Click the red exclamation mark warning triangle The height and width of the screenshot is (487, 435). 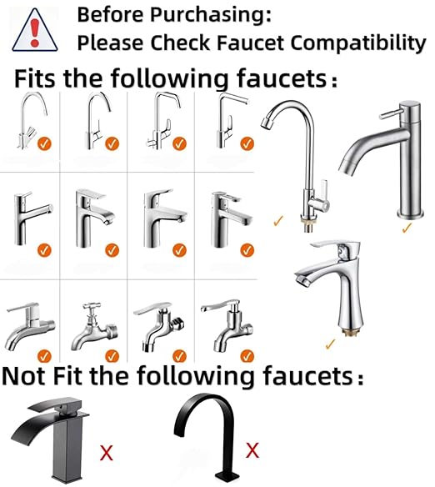click(35, 30)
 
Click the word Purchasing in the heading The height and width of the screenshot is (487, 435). click(210, 15)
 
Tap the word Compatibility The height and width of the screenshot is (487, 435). click(358, 43)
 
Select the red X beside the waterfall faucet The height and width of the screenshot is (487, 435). click(107, 453)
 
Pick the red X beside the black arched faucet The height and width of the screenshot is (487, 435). click(252, 450)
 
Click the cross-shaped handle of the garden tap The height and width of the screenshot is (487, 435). click(92, 307)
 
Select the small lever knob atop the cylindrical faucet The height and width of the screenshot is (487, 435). click(390, 114)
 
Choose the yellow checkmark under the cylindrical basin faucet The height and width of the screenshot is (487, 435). click(407, 228)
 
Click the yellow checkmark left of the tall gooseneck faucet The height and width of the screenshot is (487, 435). click(278, 220)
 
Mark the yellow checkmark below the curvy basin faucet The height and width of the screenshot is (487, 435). click(331, 344)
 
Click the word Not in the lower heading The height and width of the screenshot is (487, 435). click(24, 376)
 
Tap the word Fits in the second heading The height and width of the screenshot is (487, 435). click(35, 78)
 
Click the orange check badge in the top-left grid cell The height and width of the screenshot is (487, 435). click(44, 143)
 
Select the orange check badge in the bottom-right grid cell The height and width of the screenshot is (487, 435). click(247, 356)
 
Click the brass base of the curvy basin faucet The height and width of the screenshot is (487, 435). click(352, 333)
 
